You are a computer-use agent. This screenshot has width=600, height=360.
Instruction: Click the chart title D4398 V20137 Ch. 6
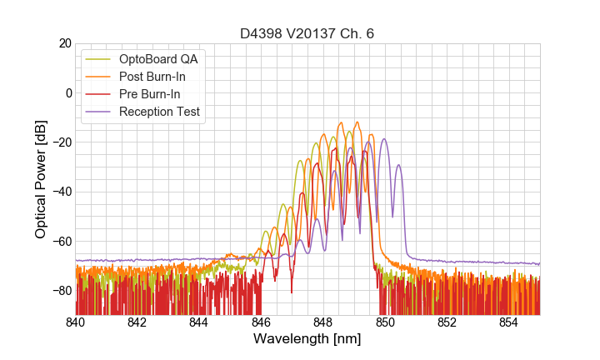pyautogui.click(x=307, y=34)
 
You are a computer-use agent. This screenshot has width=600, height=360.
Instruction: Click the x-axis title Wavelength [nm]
pyautogui.click(x=307, y=339)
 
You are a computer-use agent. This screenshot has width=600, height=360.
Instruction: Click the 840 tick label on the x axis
pyautogui.click(x=75, y=322)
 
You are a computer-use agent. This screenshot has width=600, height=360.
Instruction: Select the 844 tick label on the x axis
pyautogui.click(x=199, y=322)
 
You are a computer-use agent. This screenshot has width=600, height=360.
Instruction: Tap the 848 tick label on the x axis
pyautogui.click(x=323, y=322)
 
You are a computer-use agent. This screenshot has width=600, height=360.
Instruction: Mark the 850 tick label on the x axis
pyautogui.click(x=385, y=322)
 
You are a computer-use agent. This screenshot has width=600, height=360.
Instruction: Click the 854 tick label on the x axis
pyautogui.click(x=509, y=322)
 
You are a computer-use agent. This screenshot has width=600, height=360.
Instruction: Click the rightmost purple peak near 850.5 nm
pyautogui.click(x=399, y=165)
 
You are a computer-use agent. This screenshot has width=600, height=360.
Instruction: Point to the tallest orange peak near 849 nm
pyautogui.click(x=357, y=122)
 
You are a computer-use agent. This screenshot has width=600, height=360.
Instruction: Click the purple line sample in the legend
pyautogui.click(x=100, y=112)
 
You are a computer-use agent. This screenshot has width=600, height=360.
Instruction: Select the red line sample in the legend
pyautogui.click(x=100, y=94)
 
